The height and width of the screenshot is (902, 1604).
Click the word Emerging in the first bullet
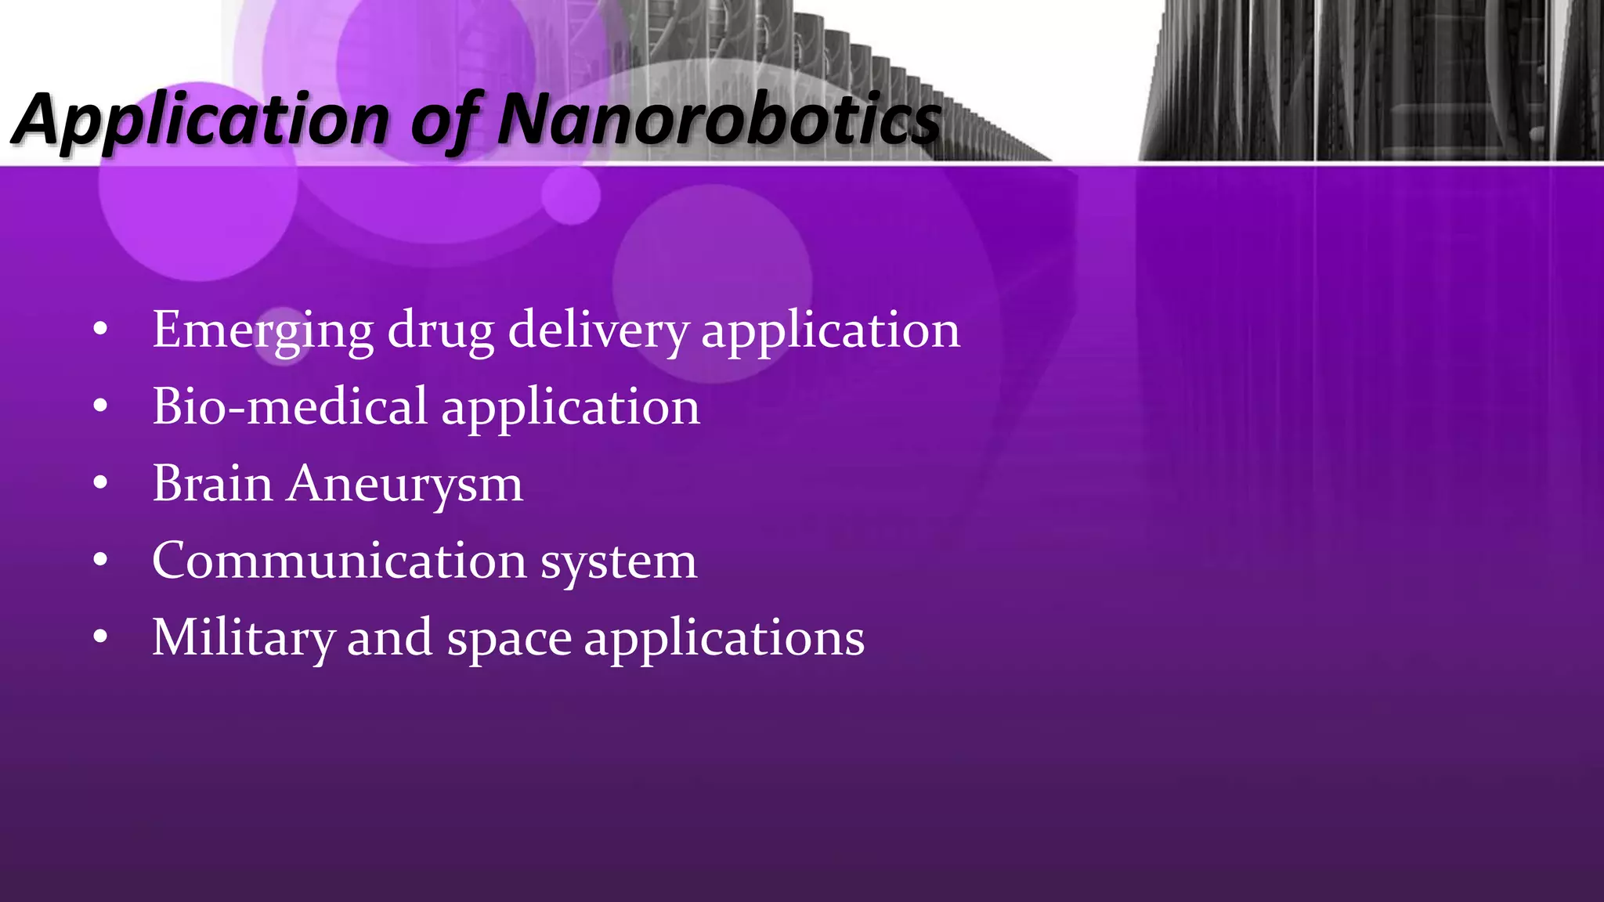262,330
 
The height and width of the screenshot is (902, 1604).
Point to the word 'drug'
440,330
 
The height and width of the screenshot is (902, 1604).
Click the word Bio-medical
290,406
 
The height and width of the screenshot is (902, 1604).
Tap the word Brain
212,483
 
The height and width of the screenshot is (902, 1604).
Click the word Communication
339,561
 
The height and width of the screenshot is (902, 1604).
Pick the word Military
243,637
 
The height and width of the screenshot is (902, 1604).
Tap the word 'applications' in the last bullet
724,637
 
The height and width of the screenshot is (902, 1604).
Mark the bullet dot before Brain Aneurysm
99,483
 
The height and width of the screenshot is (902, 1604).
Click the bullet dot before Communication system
99,560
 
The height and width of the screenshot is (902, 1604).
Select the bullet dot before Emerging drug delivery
99,330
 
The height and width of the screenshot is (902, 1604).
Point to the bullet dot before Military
99,637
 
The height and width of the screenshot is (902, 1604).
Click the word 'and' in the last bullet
389,637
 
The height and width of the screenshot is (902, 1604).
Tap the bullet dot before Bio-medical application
99,406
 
